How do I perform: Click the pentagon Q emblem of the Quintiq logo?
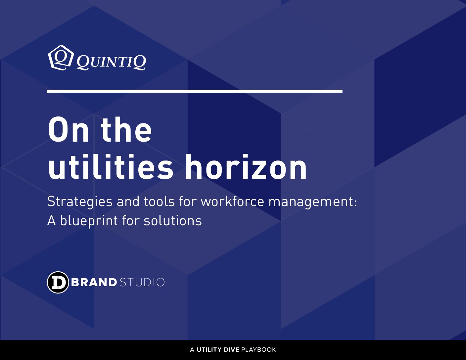[61, 58]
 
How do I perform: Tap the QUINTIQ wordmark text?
[111, 63]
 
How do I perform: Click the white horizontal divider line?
[195, 91]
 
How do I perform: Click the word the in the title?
[126, 129]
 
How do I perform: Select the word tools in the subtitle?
[159, 202]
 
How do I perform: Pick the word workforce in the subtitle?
[232, 202]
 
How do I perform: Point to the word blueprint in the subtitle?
[89, 221]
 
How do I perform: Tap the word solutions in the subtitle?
[173, 221]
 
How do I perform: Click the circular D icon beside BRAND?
[58, 282]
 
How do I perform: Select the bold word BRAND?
[94, 282]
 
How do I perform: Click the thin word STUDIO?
[142, 282]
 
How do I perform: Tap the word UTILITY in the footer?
[209, 350]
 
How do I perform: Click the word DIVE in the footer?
[231, 350]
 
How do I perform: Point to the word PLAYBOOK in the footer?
[258, 350]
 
